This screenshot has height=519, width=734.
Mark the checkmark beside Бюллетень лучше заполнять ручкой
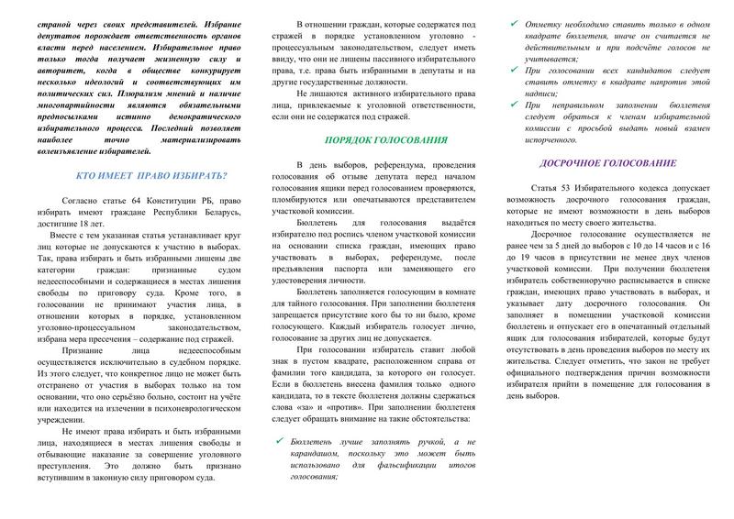281,440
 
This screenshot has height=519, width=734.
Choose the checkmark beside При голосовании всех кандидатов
519,71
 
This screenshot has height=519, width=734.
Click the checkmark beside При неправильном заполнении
519,105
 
